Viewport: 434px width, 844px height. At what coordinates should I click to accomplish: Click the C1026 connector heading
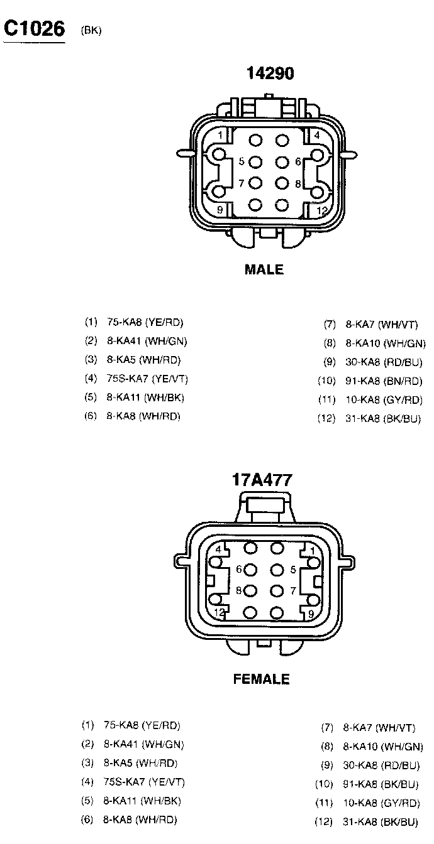coord(34,28)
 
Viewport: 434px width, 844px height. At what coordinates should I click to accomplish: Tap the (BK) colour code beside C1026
coord(91,30)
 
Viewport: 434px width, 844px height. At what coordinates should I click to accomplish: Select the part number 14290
coord(270,73)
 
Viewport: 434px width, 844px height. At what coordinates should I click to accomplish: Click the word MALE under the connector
coord(264,270)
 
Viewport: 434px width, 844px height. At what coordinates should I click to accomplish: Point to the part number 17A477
coord(262,480)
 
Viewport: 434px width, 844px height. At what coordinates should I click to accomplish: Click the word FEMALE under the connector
coord(262,679)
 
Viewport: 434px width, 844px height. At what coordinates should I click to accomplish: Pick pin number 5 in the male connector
coord(242,161)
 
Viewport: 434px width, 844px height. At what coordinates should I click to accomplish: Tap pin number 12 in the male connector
coord(322,210)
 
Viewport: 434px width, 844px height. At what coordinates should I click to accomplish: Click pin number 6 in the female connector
coord(240,570)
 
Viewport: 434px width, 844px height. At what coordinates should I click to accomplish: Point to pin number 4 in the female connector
coord(218,549)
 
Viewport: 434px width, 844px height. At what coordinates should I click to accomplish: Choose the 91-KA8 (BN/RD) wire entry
coord(383,381)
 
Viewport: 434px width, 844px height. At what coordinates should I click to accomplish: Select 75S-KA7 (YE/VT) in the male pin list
coord(147,379)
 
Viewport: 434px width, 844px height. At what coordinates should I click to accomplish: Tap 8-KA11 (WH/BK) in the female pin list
coord(143,801)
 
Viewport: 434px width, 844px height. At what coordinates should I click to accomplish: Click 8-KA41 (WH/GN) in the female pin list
coord(143,745)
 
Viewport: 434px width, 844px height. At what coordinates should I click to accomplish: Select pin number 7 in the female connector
coord(293,591)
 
